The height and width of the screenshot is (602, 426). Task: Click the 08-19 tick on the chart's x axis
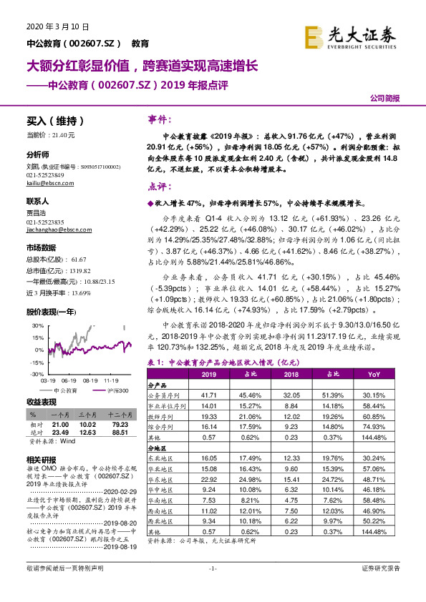click(89, 381)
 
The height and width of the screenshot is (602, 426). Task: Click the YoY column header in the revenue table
click(374, 373)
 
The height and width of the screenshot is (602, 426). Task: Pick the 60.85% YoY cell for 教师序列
click(374, 415)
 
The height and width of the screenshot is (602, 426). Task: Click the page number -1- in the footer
click(213, 588)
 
